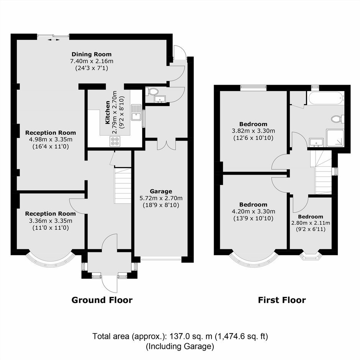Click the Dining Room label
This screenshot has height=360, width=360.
click(x=92, y=54)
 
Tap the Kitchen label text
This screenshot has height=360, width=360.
click(x=108, y=113)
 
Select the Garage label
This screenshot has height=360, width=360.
click(x=161, y=191)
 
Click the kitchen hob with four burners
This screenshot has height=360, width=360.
click(x=115, y=141)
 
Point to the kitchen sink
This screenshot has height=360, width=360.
click(x=136, y=112)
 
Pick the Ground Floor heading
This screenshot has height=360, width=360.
click(x=102, y=300)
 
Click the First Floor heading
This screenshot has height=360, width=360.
click(x=282, y=300)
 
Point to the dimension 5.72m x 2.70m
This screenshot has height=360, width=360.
click(x=161, y=198)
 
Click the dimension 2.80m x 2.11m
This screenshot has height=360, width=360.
click(x=311, y=223)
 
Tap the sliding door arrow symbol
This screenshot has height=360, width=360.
click(x=53, y=40)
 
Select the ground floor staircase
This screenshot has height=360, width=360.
click(x=123, y=185)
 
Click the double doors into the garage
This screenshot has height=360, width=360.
click(x=167, y=144)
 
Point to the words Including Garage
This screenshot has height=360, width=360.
click(x=180, y=346)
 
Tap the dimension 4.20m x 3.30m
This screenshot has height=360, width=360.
click(x=254, y=211)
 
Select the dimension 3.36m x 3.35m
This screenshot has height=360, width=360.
click(x=51, y=221)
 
